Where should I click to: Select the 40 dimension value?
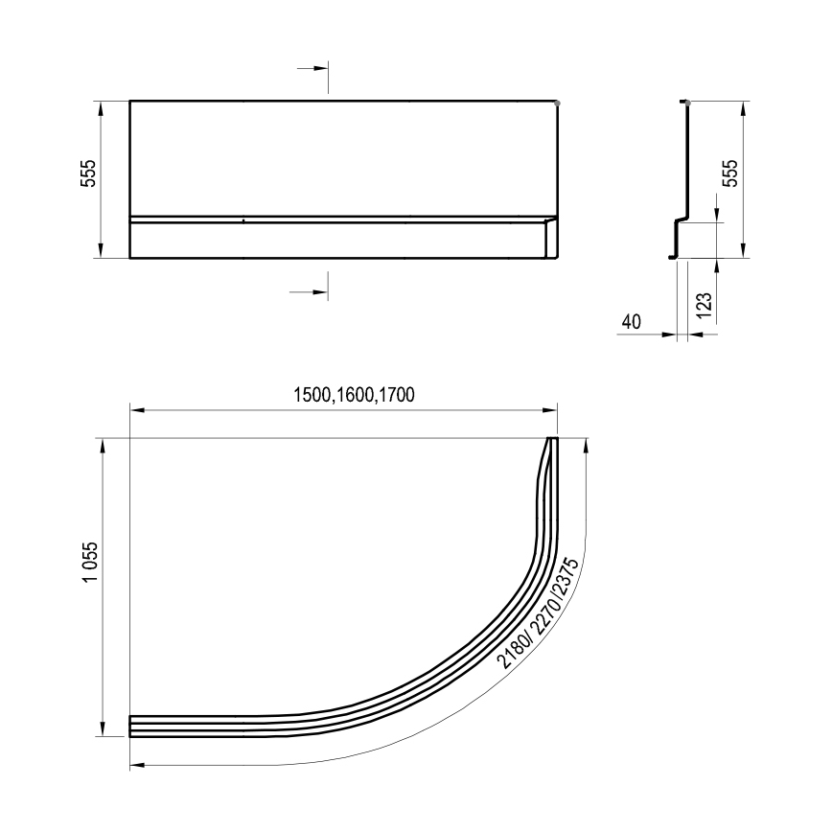631,322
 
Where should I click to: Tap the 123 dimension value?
705,305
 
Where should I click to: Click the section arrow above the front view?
312,70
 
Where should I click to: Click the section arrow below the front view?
312,290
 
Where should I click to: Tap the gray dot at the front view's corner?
558,102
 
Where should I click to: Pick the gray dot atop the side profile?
686,102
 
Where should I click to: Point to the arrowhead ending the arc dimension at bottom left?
136,765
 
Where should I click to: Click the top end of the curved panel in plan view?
551,441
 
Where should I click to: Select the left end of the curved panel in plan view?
132,726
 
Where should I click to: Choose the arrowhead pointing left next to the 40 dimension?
698,335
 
